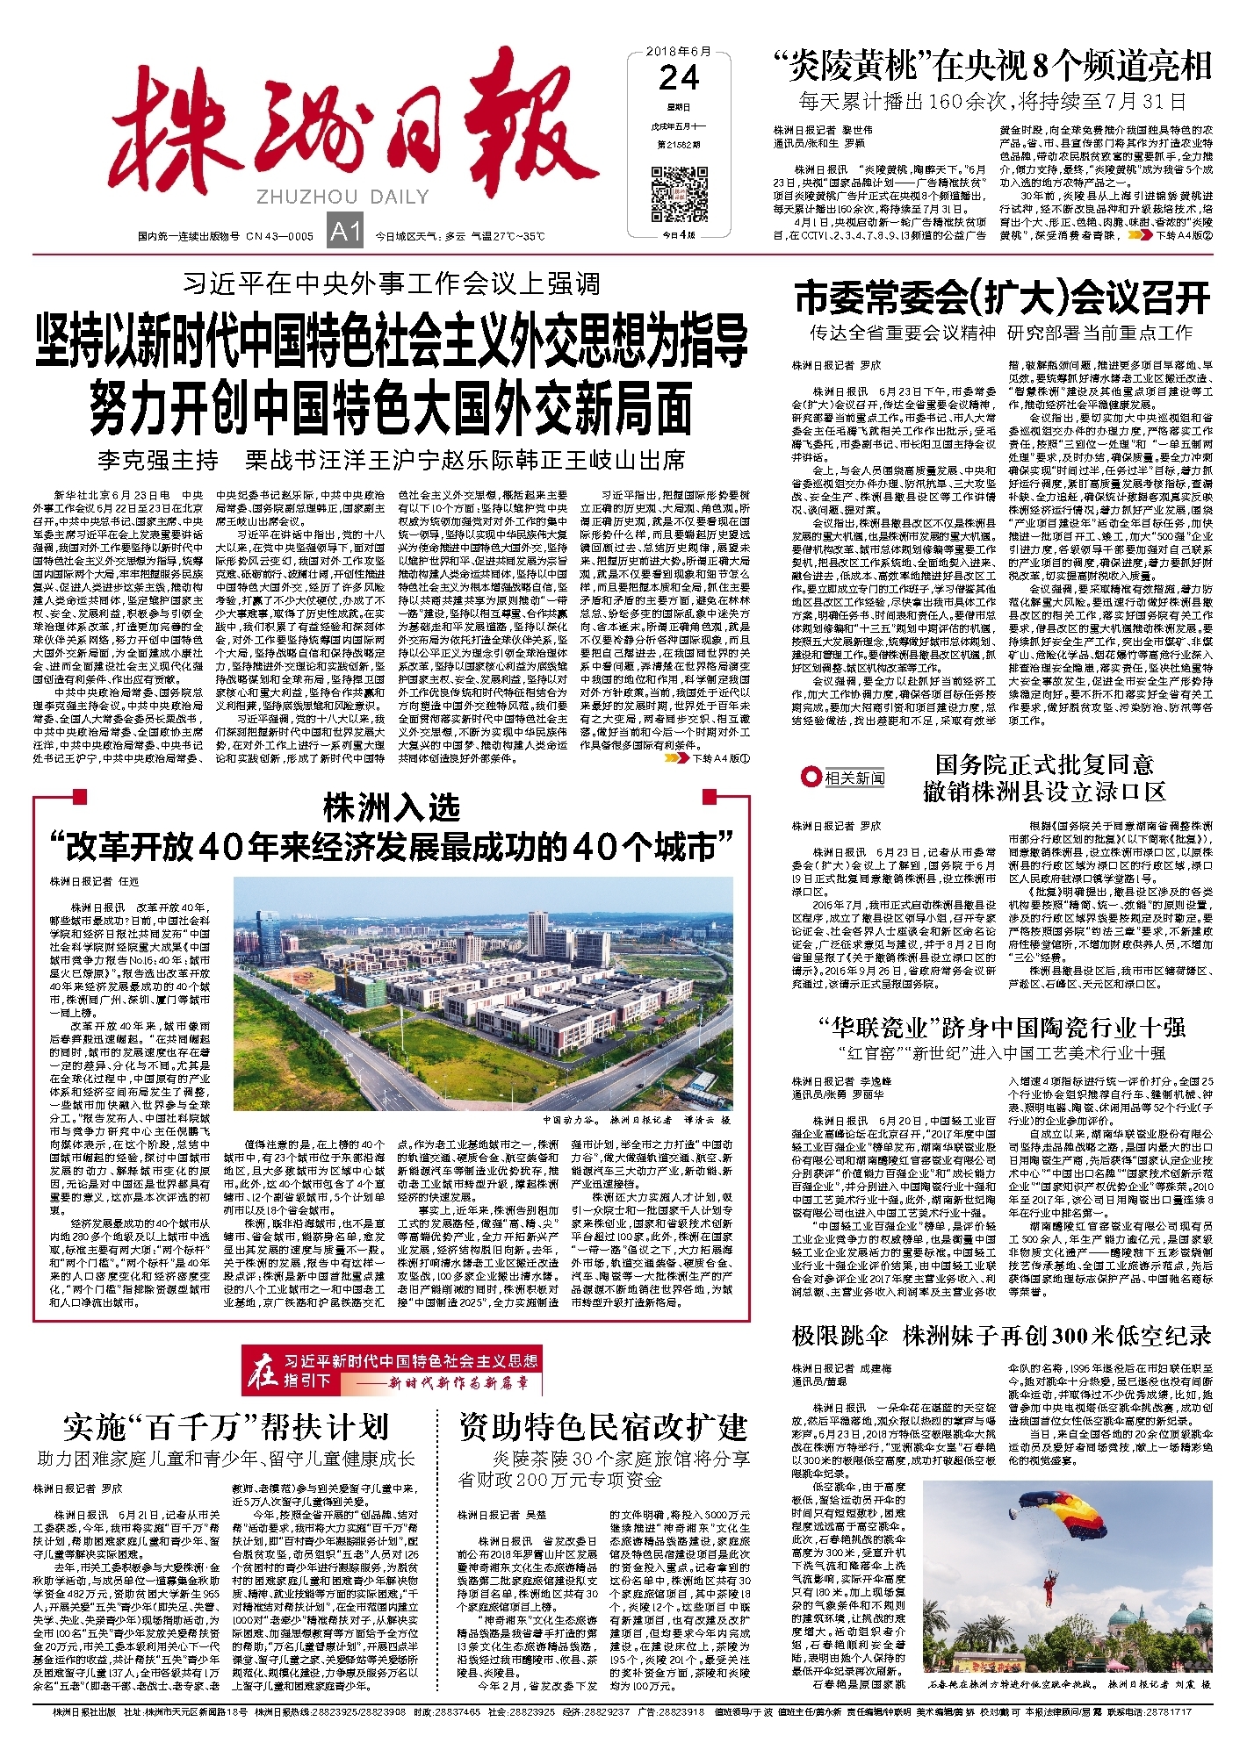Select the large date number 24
(x=678, y=78)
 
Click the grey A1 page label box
(x=344, y=232)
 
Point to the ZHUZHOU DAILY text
(x=342, y=197)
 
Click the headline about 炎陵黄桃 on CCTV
(x=991, y=66)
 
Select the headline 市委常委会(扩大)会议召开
(x=1002, y=298)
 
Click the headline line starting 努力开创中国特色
(x=391, y=407)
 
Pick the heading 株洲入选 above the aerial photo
(x=391, y=807)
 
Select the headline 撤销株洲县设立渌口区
(x=1043, y=792)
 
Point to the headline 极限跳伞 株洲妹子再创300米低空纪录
(x=1001, y=1336)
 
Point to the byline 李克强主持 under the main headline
(x=158, y=460)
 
